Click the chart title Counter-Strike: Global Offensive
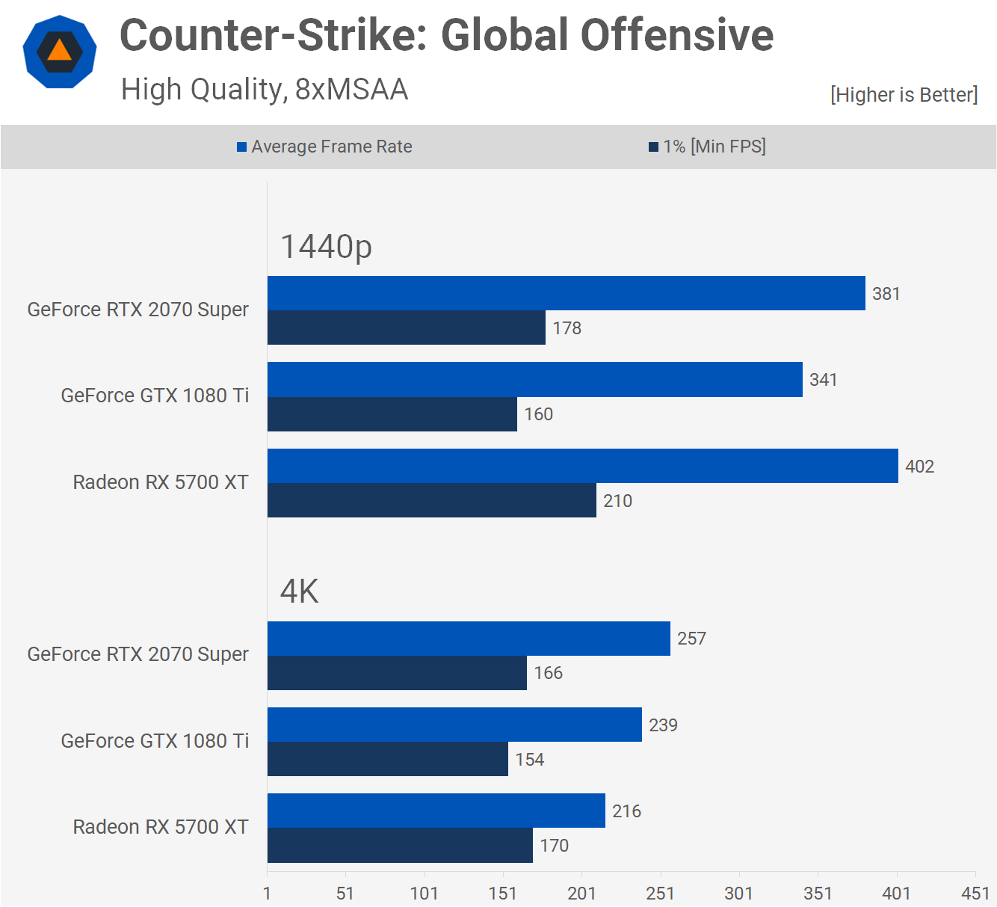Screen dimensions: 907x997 [x=446, y=35]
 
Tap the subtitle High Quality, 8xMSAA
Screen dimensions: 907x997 [x=265, y=90]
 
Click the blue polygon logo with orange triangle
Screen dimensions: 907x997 [x=60, y=52]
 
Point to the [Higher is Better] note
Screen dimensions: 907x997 [x=904, y=95]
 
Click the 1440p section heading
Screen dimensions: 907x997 [x=326, y=247]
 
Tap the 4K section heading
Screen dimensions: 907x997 [x=299, y=591]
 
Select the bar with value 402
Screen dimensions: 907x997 [x=582, y=466]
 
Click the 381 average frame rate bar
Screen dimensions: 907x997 [x=566, y=293]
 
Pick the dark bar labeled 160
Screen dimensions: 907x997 [x=392, y=414]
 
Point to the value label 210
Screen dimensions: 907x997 [x=617, y=501]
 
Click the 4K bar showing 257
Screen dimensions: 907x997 [x=469, y=639]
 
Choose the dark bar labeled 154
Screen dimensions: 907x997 [x=387, y=759]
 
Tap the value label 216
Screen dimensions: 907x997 [x=626, y=811]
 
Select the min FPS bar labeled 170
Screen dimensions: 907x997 [x=400, y=846]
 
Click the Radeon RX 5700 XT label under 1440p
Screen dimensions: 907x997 [x=161, y=482]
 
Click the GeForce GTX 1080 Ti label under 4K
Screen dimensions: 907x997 [x=155, y=741]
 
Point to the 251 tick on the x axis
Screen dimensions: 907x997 [x=660, y=894]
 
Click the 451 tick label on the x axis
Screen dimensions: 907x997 [x=975, y=894]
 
